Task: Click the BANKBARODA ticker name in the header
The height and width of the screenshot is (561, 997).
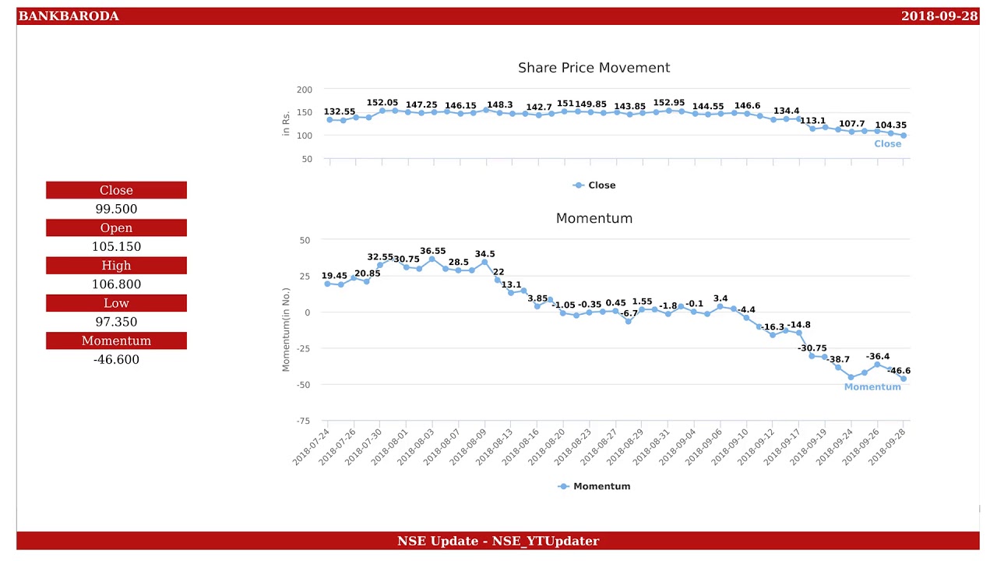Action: click(69, 16)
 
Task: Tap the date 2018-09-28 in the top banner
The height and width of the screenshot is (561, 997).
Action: click(939, 16)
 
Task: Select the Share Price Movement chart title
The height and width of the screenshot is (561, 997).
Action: click(594, 68)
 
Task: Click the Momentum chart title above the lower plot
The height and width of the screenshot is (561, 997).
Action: click(594, 219)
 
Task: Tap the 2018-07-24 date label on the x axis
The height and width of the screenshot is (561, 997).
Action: click(312, 446)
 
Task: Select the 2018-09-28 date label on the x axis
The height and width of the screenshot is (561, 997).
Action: click(889, 446)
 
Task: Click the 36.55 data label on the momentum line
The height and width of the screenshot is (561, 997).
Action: click(433, 251)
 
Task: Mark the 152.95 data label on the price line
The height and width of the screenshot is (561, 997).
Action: click(668, 103)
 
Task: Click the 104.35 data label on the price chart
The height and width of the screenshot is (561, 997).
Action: click(890, 125)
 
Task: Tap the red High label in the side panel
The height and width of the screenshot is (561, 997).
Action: click(116, 266)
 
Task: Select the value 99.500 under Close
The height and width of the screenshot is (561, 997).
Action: click(116, 209)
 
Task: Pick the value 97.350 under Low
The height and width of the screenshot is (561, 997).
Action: click(116, 322)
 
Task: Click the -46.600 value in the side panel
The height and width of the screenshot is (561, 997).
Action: click(116, 359)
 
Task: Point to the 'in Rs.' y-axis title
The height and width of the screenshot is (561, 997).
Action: click(286, 124)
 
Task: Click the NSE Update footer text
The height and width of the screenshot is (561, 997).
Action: click(498, 541)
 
